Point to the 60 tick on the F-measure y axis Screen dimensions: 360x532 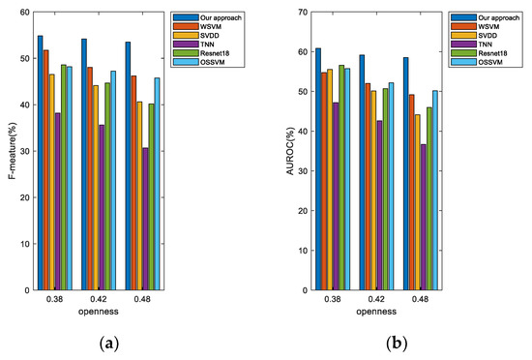(x=23, y=12)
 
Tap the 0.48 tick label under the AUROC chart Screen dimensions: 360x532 (x=419, y=300)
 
